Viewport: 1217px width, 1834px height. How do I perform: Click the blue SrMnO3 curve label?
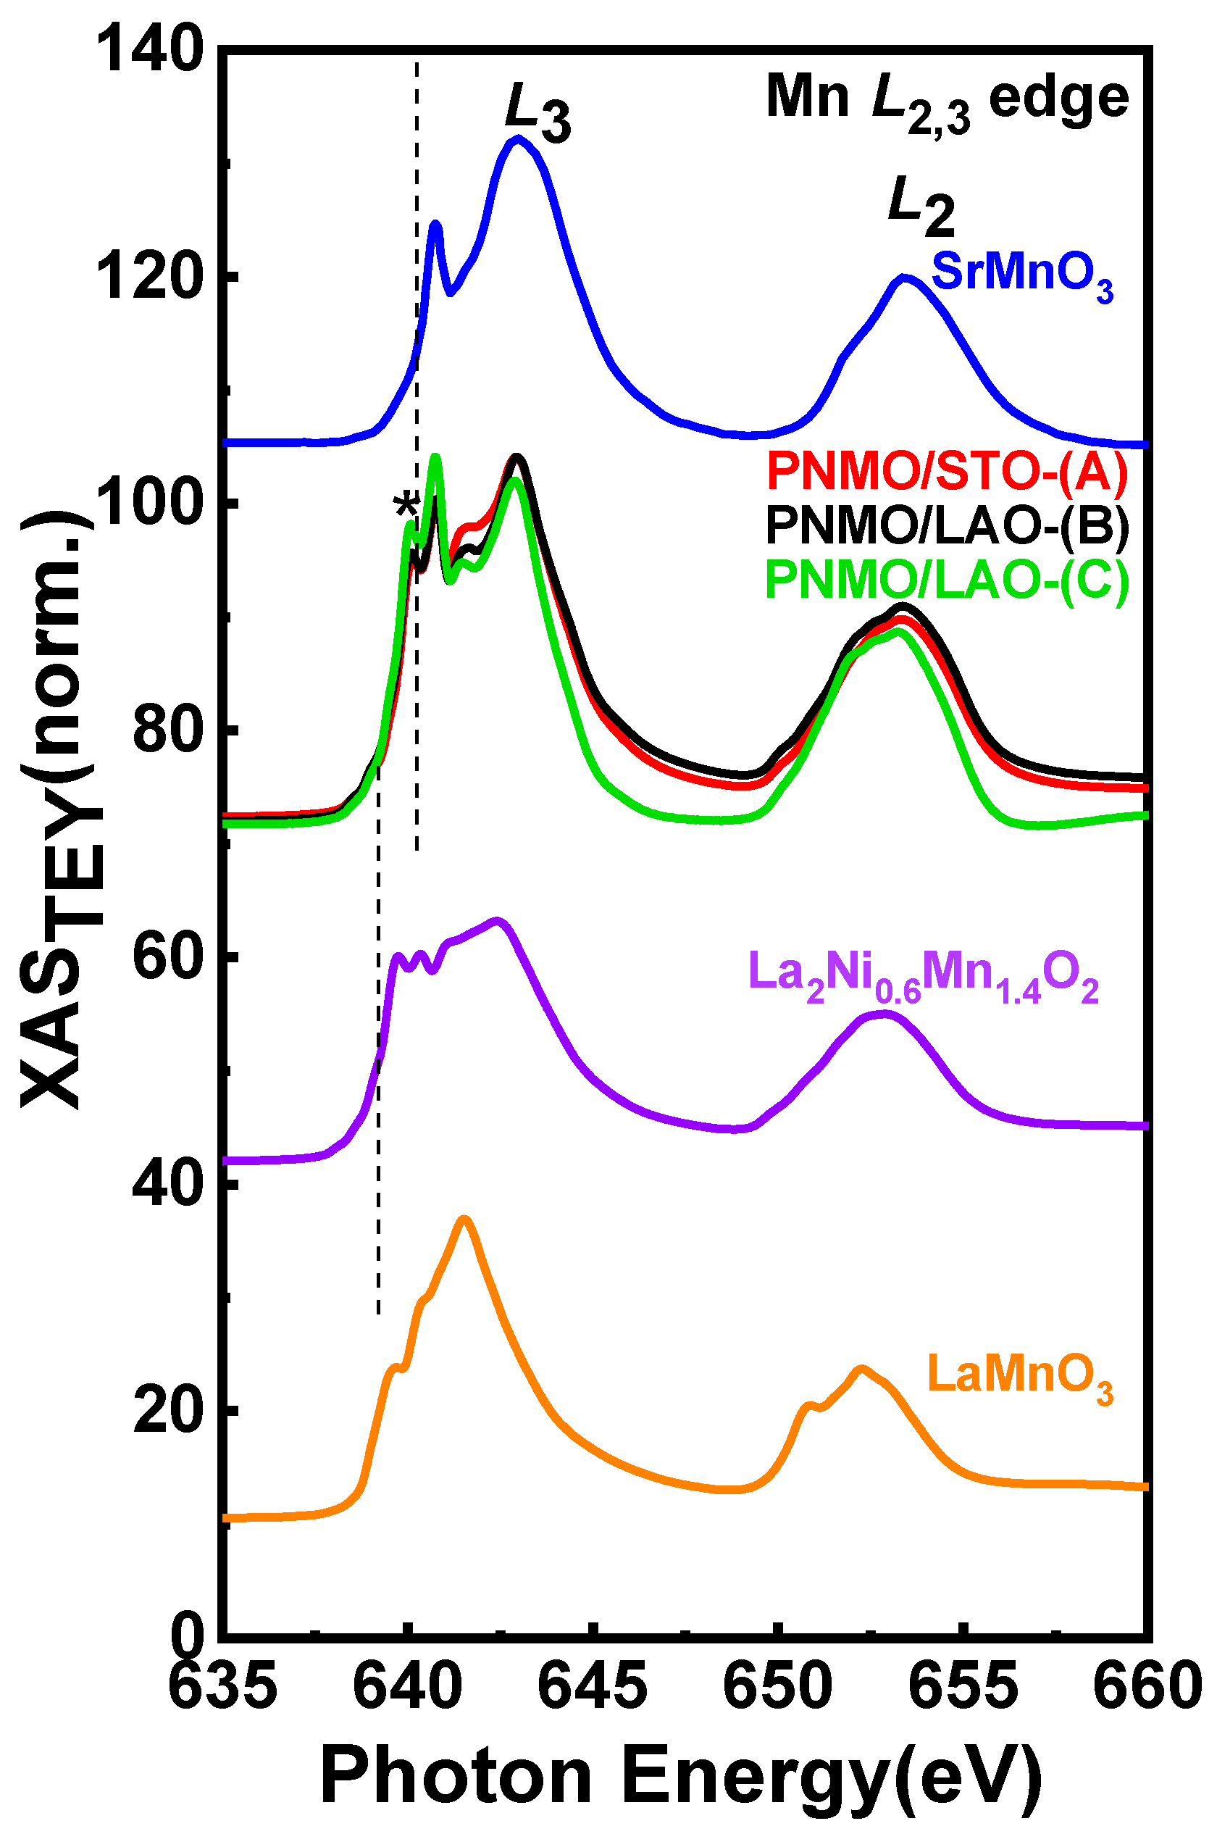[x=1021, y=275]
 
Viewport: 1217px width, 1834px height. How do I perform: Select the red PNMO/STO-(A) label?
[x=946, y=471]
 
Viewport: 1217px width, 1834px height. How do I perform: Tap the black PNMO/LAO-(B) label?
[x=946, y=525]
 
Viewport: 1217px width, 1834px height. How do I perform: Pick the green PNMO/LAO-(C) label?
[x=946, y=580]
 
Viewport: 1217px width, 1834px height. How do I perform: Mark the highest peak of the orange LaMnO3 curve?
[x=464, y=1221]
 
